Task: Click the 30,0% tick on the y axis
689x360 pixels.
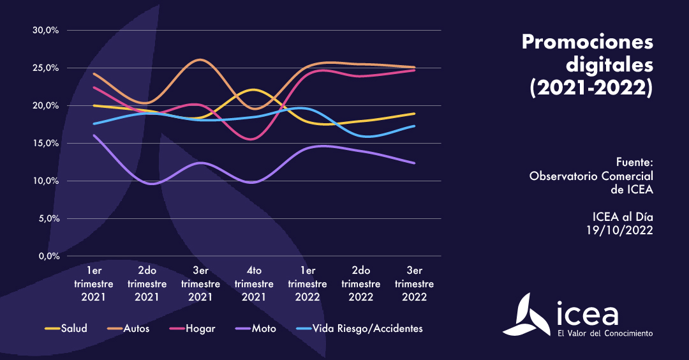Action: click(45, 30)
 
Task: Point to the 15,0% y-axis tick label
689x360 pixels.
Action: click(45, 143)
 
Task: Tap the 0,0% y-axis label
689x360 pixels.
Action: click(48, 256)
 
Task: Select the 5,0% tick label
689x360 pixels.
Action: click(48, 218)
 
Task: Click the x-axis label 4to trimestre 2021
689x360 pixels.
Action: click(254, 283)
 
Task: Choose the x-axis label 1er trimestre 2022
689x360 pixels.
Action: click(307, 283)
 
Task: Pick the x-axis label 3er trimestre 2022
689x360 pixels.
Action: click(415, 283)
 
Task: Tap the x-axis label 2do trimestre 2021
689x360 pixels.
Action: click(147, 283)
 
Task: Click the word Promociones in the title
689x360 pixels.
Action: click(588, 43)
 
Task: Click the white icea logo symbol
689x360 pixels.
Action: click(527, 314)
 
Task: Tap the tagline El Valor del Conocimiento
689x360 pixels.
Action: click(605, 333)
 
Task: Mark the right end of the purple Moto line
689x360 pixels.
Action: click(415, 163)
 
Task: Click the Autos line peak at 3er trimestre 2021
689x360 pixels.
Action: click(201, 60)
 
